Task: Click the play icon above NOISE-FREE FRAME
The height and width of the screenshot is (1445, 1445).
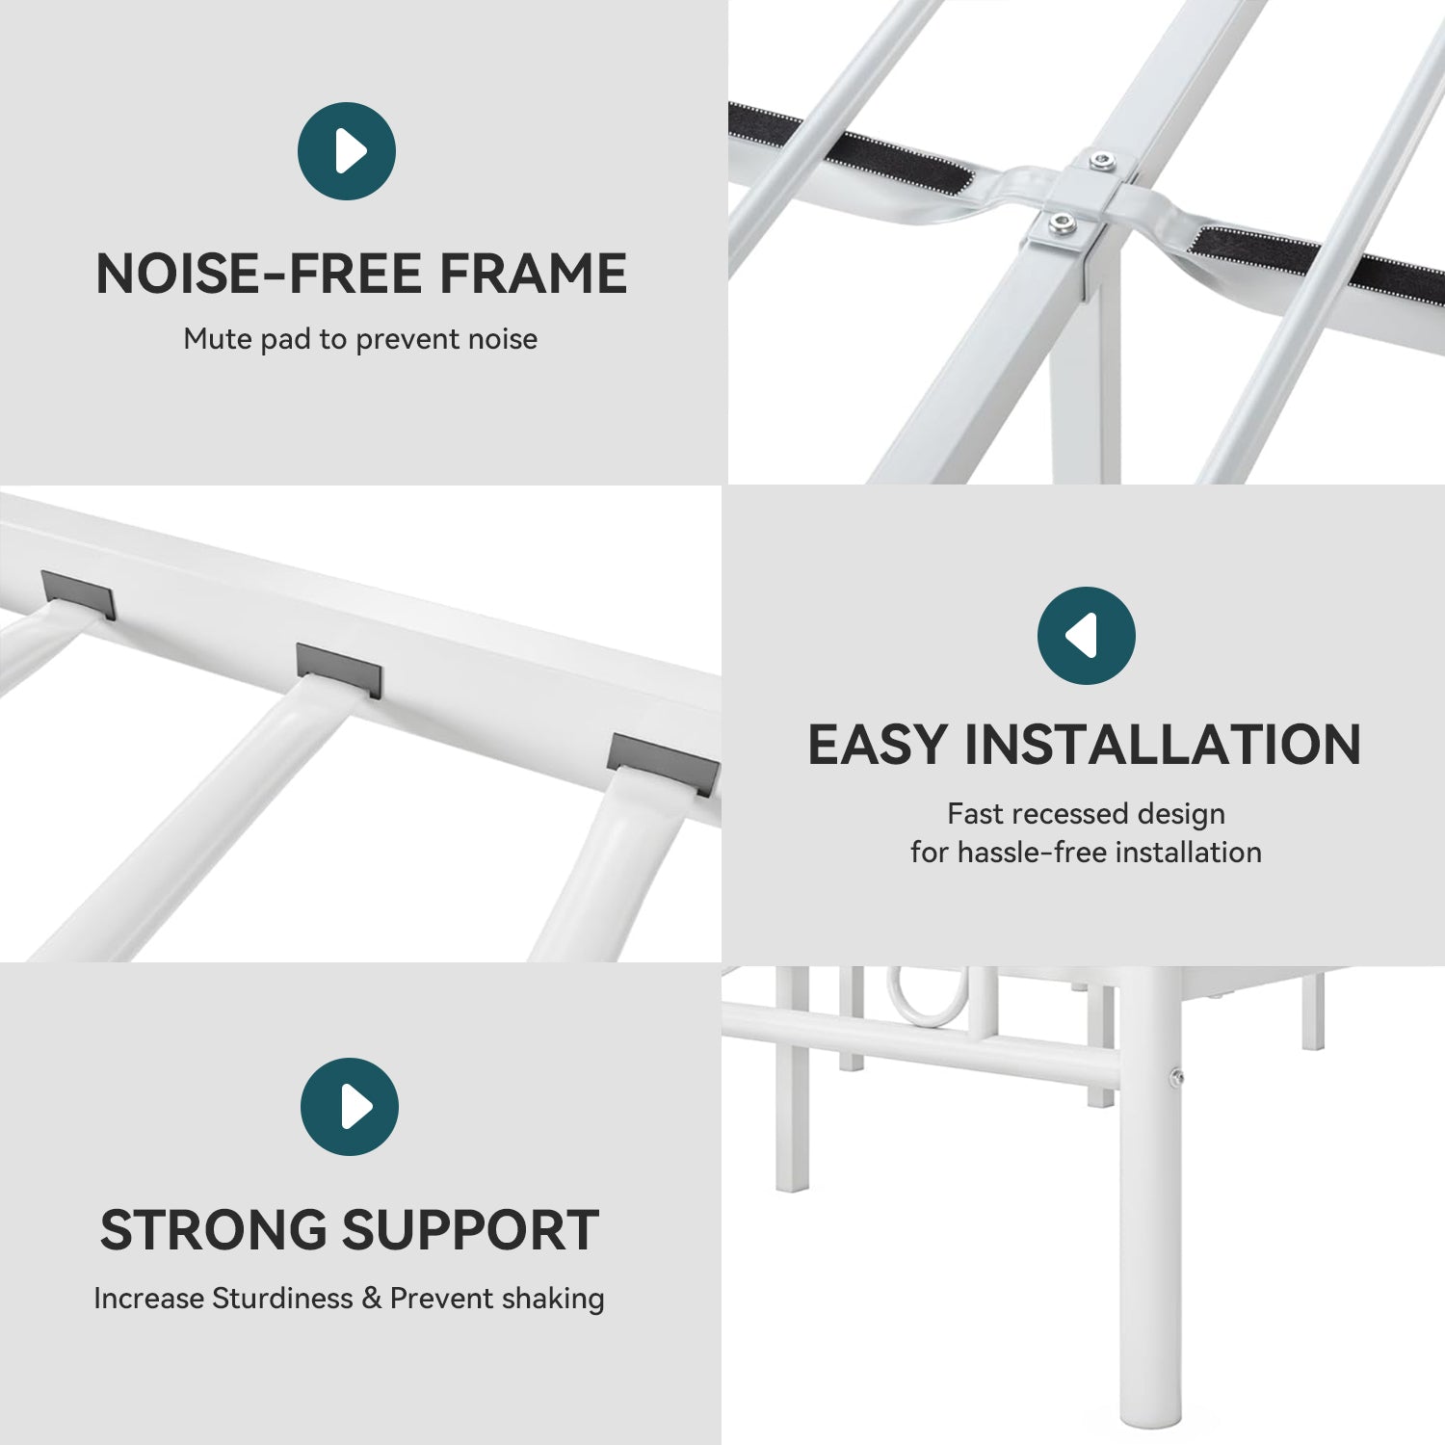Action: [347, 151]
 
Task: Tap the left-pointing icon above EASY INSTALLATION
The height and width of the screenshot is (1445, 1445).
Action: [1087, 636]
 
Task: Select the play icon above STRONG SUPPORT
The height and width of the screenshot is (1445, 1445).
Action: [350, 1107]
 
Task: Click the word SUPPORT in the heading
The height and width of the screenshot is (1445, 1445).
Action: [471, 1230]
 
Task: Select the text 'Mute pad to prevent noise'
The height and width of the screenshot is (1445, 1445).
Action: [360, 339]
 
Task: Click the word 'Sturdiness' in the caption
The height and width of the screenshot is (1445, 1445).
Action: [283, 1299]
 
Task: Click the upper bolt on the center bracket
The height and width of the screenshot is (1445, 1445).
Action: [1099, 161]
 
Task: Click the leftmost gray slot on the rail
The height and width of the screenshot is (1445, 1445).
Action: [78, 594]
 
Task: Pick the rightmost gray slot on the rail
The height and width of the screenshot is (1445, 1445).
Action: [663, 764]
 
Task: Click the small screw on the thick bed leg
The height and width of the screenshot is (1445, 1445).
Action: [1176, 1077]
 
